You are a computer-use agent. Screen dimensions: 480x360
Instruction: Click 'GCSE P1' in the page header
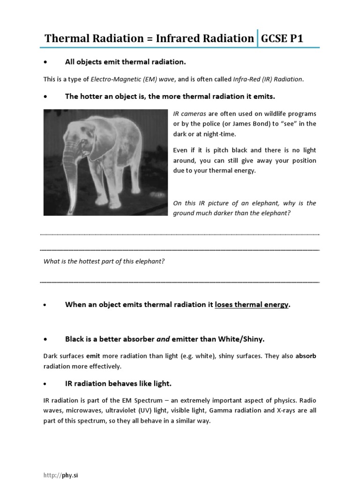tap(282, 38)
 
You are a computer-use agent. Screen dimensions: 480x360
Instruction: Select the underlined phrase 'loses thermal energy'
tap(252, 305)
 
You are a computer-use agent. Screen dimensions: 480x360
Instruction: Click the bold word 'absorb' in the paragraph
tap(306, 356)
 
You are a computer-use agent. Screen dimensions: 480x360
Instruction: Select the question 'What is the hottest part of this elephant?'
tap(104, 261)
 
